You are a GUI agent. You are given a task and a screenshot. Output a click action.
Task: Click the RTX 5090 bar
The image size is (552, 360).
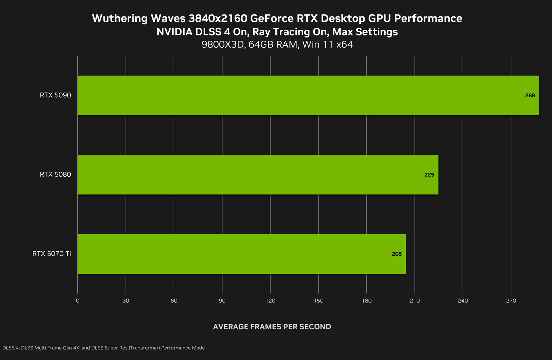pyautogui.click(x=308, y=95)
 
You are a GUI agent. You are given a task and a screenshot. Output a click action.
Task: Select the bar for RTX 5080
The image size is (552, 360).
pyautogui.click(x=258, y=175)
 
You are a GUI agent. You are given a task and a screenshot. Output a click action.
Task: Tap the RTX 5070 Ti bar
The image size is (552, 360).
pyautogui.click(x=241, y=254)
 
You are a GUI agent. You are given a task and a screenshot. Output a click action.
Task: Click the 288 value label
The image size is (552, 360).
pyautogui.click(x=530, y=96)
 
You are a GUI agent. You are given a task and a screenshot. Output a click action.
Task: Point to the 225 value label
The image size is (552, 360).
pyautogui.click(x=429, y=175)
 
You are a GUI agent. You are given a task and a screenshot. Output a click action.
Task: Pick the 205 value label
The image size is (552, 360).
pyautogui.click(x=397, y=254)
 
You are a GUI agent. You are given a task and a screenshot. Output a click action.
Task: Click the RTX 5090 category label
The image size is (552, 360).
pyautogui.click(x=55, y=95)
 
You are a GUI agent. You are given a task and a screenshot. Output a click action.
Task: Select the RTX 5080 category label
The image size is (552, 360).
pyautogui.click(x=55, y=175)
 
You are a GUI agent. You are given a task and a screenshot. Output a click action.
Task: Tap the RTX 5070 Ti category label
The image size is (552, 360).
pyautogui.click(x=52, y=254)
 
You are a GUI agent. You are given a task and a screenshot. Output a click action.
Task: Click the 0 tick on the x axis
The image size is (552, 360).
pyautogui.click(x=78, y=301)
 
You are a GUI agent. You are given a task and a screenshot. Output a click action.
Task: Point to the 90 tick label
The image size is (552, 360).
pyautogui.click(x=222, y=301)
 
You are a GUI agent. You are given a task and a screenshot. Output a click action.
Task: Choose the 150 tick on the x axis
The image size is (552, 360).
pyautogui.click(x=318, y=301)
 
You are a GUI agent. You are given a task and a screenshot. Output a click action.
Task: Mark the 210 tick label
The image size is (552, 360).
pyautogui.click(x=415, y=301)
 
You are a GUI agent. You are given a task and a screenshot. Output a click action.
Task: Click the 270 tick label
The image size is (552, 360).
pyautogui.click(x=511, y=301)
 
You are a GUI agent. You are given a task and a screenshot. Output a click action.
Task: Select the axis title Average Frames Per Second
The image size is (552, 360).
pyautogui.click(x=272, y=327)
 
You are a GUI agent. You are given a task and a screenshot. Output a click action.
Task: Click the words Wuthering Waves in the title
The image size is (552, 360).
pyautogui.click(x=139, y=18)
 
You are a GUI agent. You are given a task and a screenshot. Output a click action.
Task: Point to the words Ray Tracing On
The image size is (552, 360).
pyautogui.click(x=290, y=32)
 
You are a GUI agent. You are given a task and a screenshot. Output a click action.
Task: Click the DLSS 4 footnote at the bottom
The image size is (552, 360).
pyautogui.click(x=103, y=348)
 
